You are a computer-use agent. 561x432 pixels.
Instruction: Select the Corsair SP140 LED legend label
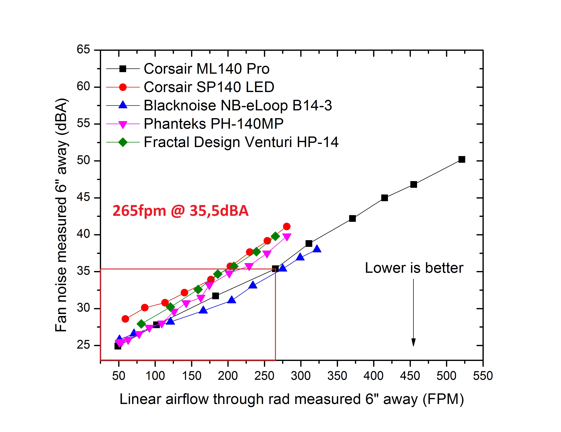(209, 87)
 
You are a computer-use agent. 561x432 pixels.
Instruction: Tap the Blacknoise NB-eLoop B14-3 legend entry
(238, 105)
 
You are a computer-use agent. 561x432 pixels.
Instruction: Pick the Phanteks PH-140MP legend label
(213, 124)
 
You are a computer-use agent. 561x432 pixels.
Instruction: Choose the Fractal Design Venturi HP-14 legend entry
(241, 142)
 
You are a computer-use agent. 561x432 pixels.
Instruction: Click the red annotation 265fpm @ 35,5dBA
(181, 211)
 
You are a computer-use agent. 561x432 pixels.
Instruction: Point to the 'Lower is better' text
(414, 268)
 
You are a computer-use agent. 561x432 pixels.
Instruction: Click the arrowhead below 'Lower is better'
(413, 342)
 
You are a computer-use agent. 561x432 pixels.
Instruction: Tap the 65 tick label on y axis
(83, 49)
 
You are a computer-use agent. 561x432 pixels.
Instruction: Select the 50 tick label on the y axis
(83, 160)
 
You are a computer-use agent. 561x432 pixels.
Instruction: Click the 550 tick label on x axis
(483, 376)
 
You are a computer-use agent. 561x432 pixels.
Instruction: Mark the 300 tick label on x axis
(301, 376)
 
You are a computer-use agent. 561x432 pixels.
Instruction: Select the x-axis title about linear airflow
(292, 399)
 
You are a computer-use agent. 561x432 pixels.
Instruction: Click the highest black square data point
(462, 159)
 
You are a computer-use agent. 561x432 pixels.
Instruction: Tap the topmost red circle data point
(287, 226)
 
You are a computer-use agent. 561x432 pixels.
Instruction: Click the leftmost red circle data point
(125, 319)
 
